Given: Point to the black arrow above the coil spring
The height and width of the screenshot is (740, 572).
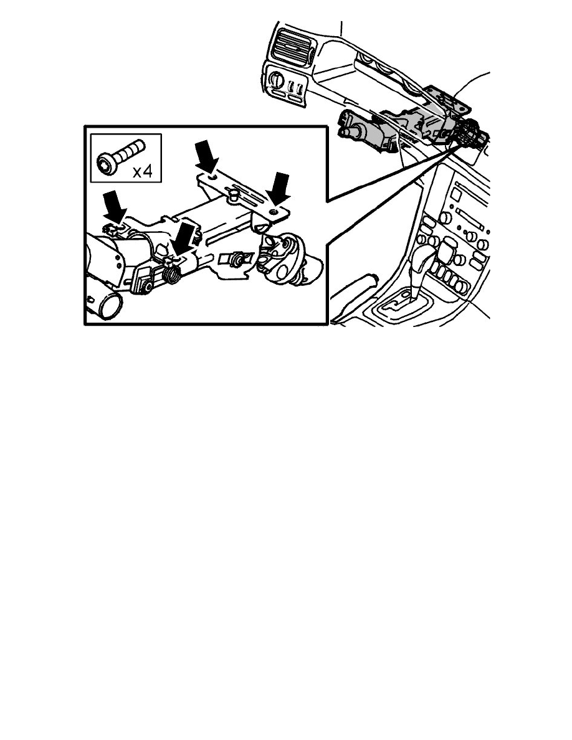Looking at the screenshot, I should [x=184, y=239].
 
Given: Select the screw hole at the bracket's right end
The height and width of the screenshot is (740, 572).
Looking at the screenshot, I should [x=274, y=212].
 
